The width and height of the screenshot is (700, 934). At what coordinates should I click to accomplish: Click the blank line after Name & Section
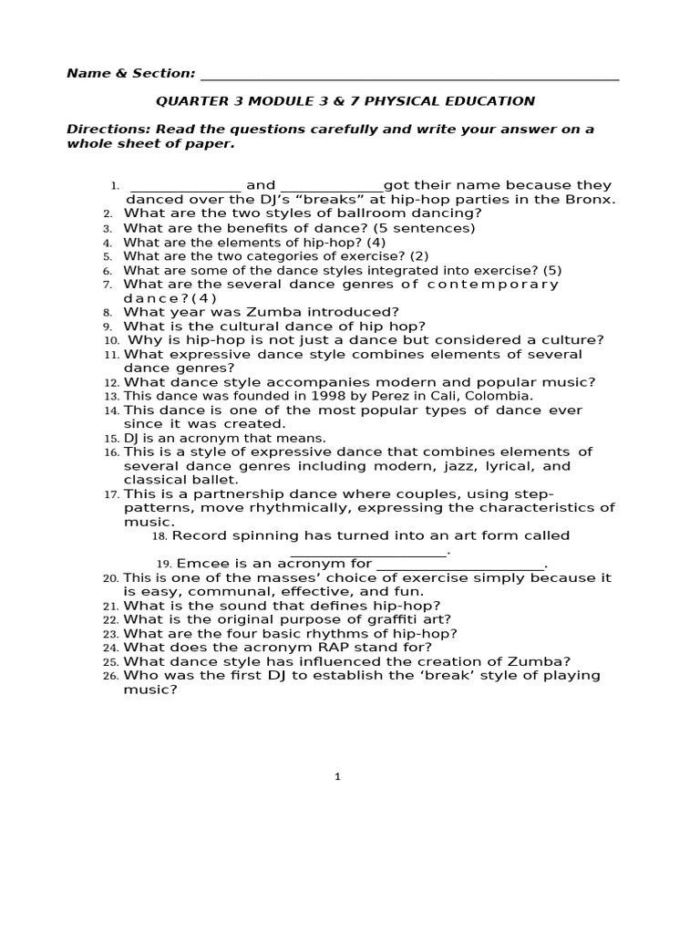coord(408,75)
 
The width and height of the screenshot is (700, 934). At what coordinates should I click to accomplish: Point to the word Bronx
coord(592,200)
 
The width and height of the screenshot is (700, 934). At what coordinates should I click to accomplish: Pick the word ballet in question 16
coord(213,480)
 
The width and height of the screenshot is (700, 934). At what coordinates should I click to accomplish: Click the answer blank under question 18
coord(370,552)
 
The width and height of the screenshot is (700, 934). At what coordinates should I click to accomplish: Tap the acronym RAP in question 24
coord(316,648)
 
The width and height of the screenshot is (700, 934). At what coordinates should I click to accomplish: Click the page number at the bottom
coord(337,777)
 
